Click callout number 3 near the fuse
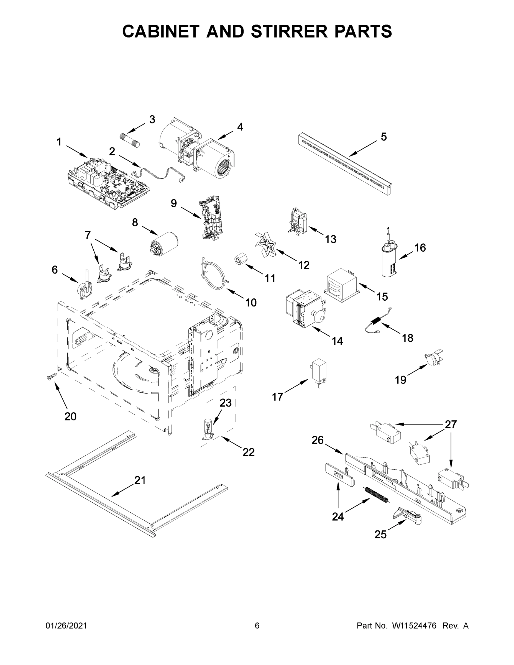pyautogui.click(x=152, y=120)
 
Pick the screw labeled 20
pyautogui.click(x=52, y=378)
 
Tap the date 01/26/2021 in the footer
pyautogui.click(x=66, y=626)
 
